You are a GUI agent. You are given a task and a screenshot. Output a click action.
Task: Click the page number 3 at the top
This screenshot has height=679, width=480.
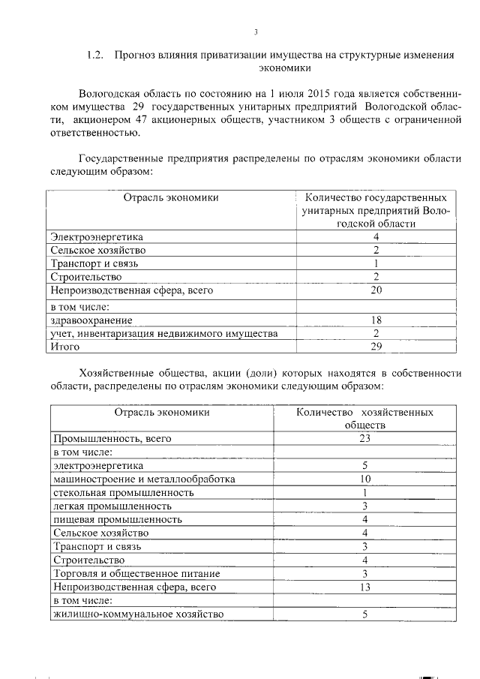[x=255, y=32]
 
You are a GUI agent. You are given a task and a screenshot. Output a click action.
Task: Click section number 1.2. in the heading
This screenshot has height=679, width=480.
[x=95, y=56]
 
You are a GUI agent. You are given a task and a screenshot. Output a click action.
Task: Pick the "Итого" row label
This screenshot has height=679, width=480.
[x=64, y=346]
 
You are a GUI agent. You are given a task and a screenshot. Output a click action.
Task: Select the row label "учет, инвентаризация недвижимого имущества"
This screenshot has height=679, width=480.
[x=163, y=333]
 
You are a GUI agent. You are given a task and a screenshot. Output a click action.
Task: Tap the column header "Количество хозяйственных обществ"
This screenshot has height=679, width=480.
[x=364, y=419]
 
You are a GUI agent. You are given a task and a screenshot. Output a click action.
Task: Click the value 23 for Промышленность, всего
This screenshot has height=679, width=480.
[x=364, y=438]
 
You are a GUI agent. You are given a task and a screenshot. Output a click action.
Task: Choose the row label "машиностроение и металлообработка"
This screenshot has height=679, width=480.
[x=144, y=479]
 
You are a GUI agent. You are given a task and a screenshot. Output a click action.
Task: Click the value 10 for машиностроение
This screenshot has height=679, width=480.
[x=364, y=479]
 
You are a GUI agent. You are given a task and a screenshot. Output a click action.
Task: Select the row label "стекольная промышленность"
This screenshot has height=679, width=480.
[x=124, y=492]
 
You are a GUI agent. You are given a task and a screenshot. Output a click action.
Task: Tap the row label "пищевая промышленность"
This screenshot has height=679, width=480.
[x=117, y=519]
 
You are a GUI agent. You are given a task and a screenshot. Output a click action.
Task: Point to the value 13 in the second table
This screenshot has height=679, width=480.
[x=364, y=587]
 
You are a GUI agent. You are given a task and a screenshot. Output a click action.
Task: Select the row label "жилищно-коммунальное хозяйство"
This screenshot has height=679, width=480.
[x=138, y=614]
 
